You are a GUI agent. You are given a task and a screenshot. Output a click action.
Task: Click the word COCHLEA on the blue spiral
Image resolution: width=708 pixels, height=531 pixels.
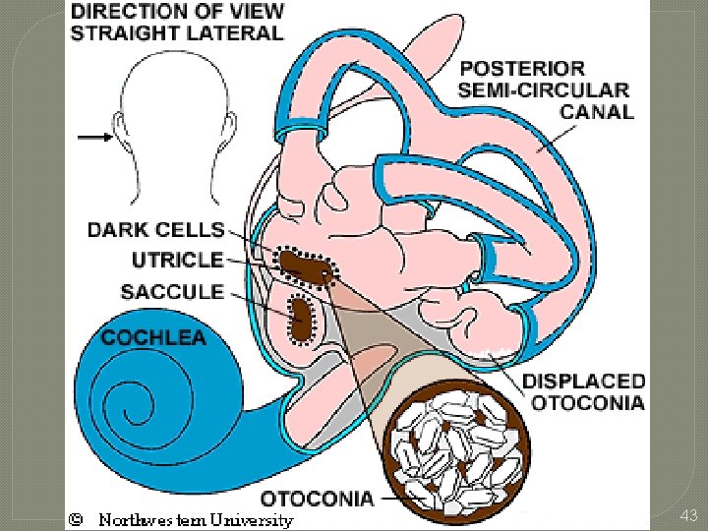coord(154,337)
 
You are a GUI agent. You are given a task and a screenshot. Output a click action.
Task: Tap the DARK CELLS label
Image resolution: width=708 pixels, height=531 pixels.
coord(155,230)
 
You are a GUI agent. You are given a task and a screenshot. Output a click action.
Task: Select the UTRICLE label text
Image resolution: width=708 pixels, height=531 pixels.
coord(177,261)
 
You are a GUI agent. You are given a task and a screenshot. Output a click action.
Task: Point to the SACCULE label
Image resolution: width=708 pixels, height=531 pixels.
coord(172,292)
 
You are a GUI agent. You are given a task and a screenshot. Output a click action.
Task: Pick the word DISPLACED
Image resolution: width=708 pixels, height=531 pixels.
coord(583,381)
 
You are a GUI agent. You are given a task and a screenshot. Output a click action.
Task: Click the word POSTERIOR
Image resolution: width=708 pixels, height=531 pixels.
coord(522,69)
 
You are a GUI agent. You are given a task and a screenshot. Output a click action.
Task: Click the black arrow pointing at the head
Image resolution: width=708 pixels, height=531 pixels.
coord(95,138)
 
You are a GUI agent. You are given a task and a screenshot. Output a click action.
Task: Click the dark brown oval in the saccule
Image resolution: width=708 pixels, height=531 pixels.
coord(299,315)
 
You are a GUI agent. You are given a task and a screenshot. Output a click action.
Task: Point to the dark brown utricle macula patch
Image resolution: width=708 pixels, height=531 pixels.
coord(305,265)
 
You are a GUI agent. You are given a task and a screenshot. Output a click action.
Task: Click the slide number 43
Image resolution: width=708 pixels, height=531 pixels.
coord(687,515)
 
